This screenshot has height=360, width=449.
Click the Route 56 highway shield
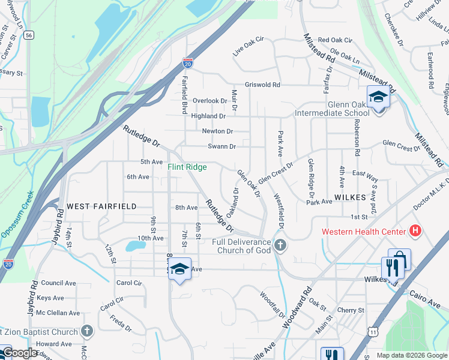coord(29,35)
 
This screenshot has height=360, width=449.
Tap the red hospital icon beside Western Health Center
coord(414,230)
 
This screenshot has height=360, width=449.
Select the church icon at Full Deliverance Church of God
coord(280,245)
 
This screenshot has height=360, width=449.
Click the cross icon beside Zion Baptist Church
coord(87,331)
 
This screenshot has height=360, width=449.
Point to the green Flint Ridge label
coord(187,167)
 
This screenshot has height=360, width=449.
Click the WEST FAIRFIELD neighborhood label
coord(101,206)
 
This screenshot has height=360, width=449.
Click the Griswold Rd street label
coord(262,85)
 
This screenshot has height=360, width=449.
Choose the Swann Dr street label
coord(221,146)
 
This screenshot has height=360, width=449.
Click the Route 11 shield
coord(373,331)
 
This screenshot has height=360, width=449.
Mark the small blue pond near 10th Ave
coord(131,245)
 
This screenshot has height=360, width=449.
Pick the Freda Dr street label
coord(121,326)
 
